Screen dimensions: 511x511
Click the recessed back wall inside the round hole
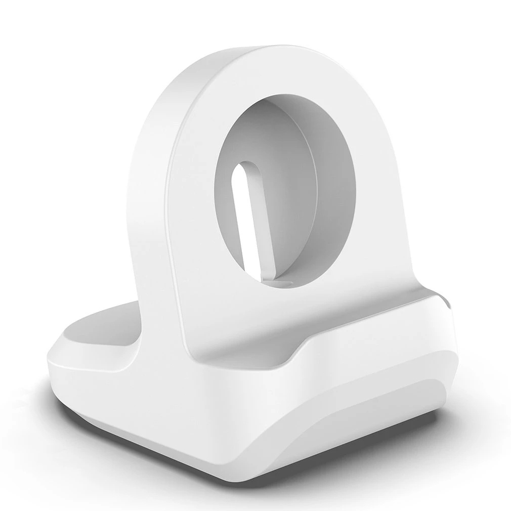[304, 202]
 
